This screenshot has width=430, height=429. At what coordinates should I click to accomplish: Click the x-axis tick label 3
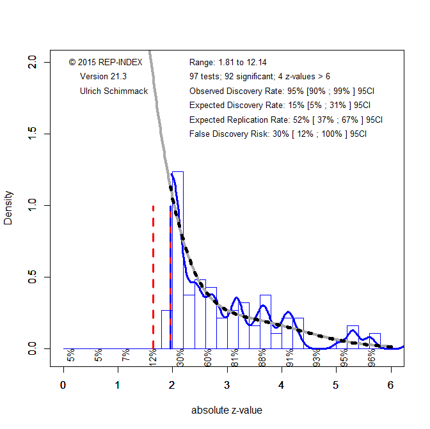point(227,386)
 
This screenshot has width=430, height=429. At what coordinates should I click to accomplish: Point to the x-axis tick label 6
point(391,386)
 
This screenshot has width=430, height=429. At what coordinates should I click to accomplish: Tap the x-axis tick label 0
point(63,386)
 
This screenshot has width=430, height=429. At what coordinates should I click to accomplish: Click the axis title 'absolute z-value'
point(227,410)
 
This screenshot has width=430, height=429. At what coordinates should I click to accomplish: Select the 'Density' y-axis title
point(9,206)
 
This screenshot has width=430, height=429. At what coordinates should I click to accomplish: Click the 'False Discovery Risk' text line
point(278,134)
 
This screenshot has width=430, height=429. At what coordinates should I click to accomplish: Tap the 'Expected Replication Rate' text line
point(286,120)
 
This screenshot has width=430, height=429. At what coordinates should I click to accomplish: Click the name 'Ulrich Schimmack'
point(114,91)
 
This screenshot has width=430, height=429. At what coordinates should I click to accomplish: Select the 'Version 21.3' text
point(102,76)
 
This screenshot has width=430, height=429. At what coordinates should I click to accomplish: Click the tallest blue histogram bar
point(178,256)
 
